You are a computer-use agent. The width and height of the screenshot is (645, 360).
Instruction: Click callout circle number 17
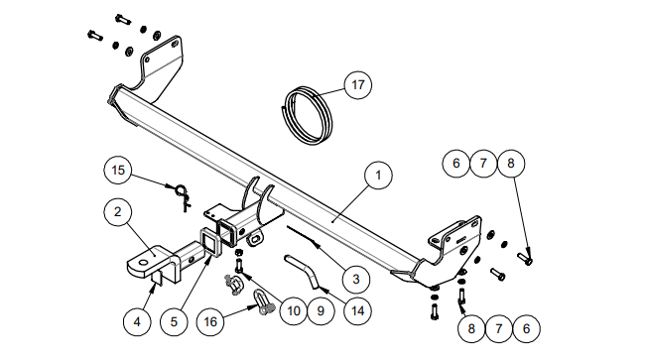point(358,85)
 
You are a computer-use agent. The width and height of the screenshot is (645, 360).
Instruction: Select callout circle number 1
point(378,176)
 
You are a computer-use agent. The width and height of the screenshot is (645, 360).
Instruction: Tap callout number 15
point(118,170)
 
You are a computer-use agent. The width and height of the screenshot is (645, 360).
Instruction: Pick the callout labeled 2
point(118,211)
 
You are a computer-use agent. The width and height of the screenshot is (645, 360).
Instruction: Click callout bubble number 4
point(137,321)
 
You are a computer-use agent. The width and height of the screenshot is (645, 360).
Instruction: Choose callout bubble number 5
point(174,321)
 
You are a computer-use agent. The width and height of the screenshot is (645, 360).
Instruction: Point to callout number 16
point(210,321)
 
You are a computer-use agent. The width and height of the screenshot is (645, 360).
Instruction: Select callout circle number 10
point(294,310)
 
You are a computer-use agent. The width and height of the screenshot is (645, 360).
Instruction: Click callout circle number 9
point(321,310)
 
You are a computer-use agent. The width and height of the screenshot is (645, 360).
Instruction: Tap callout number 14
point(357,310)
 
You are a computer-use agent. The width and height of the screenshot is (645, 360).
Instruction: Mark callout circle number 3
point(356,279)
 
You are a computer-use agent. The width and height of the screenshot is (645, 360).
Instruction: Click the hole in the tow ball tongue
point(144,263)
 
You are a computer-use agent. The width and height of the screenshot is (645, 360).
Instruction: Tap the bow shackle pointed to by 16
point(263,302)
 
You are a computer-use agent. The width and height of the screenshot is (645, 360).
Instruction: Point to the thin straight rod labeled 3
point(303,235)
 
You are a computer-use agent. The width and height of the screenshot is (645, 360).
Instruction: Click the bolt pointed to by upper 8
point(525,259)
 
